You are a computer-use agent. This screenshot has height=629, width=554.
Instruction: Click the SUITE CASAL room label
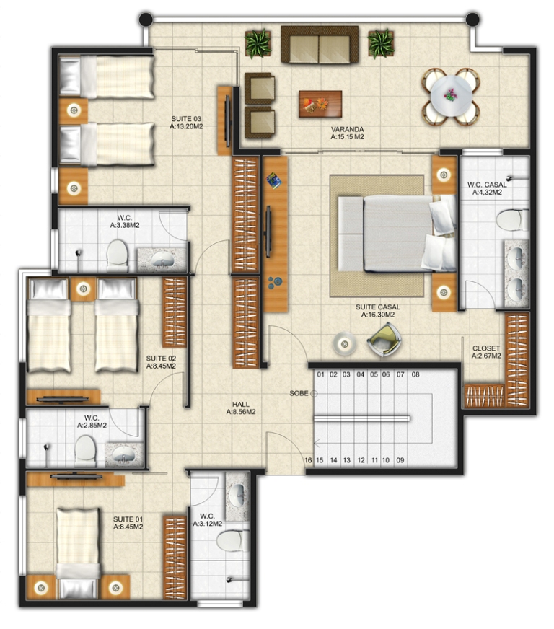click(x=377, y=307)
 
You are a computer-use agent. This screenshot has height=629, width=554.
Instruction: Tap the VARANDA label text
click(x=348, y=130)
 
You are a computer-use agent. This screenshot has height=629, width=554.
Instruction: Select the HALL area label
click(x=241, y=405)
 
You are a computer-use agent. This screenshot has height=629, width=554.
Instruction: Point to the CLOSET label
click(x=486, y=348)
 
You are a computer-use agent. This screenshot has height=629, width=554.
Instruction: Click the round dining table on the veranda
click(x=452, y=96)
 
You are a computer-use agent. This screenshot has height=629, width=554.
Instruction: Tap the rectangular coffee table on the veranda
click(x=320, y=104)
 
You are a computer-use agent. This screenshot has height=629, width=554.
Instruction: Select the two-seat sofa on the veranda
click(x=320, y=45)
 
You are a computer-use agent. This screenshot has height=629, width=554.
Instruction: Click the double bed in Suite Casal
click(x=397, y=234)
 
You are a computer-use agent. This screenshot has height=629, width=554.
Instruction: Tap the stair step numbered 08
click(x=415, y=374)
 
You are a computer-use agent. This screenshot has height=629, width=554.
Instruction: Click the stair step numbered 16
click(x=308, y=460)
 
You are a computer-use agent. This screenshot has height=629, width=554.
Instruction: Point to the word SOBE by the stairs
click(x=299, y=393)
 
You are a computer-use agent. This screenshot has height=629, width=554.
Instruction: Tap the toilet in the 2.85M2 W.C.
click(x=85, y=451)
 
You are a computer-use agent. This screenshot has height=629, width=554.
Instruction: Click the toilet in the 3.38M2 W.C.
click(x=117, y=255)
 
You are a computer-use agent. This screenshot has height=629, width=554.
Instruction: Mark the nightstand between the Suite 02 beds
click(x=83, y=289)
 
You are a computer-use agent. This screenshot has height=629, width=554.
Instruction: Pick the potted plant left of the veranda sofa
click(x=258, y=43)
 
